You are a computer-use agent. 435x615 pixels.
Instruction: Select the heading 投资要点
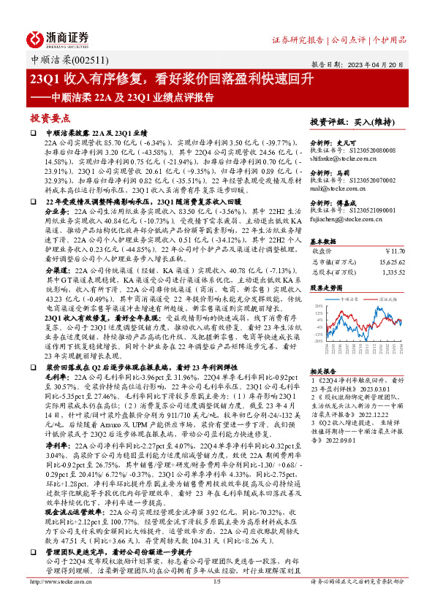coord(50,118)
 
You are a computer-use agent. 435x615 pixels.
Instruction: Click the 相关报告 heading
coord(323,370)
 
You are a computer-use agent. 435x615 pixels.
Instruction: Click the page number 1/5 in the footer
coord(216,603)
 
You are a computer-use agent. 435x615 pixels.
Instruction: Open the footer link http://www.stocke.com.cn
coord(58,603)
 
